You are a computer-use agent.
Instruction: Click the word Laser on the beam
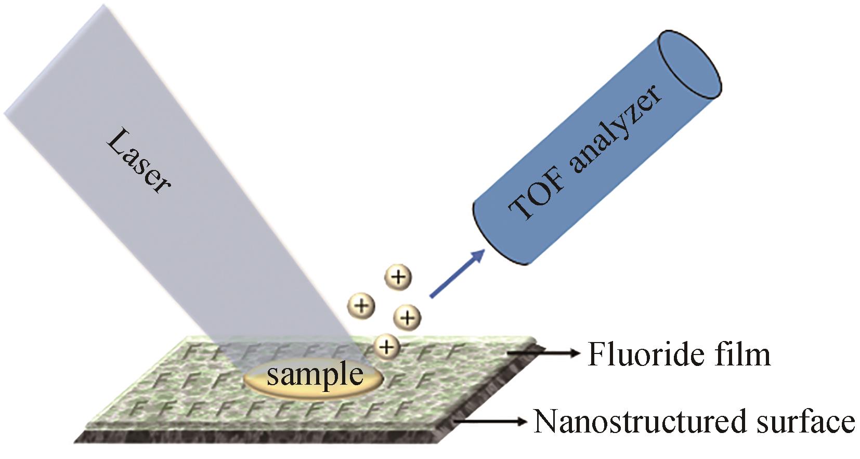137,162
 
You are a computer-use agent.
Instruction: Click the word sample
315,375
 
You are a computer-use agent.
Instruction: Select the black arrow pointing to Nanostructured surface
491,421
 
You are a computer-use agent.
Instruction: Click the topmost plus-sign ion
398,277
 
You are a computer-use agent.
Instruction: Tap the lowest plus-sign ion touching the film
386,345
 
